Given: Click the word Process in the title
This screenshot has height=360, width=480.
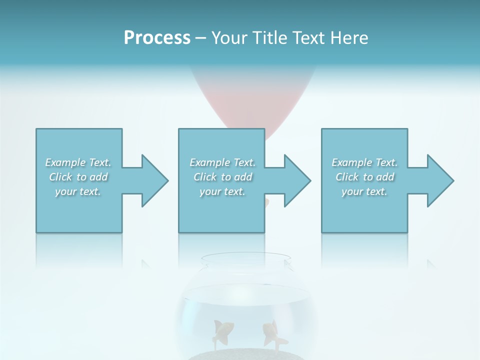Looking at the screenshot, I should tap(157, 38).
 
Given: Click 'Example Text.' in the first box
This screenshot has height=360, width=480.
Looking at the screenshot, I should tap(78, 162).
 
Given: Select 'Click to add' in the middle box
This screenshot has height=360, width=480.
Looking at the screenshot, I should tap(222, 177).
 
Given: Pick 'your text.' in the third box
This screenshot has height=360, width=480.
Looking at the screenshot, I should tap(364, 191).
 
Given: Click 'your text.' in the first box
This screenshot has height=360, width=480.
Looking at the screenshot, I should tap(78, 191).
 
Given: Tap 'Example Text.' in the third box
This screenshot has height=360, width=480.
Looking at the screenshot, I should tap(364, 162).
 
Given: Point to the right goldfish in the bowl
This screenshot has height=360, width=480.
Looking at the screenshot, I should tap(272, 332).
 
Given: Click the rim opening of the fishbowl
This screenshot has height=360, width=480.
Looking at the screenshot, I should tap(245, 259).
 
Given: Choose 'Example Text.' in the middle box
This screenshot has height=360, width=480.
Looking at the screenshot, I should tap(222, 162).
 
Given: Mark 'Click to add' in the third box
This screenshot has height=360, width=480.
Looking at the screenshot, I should tap(365, 177).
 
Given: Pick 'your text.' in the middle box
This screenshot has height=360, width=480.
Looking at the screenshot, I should tap(222, 191).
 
